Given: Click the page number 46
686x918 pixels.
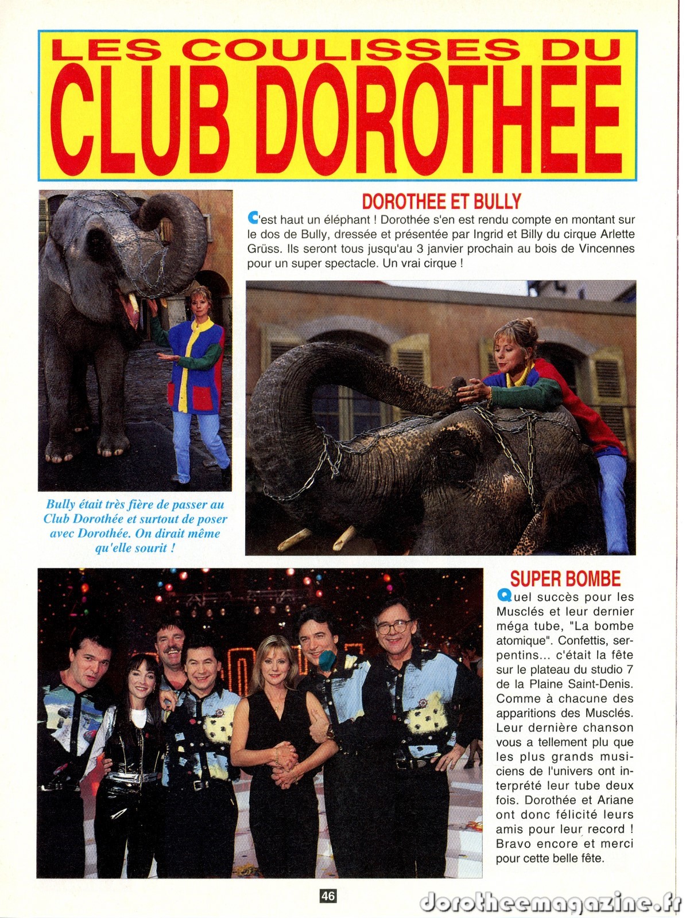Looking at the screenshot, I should pyautogui.click(x=328, y=896).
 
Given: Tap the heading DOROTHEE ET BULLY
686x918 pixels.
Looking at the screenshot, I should pyautogui.click(x=441, y=201).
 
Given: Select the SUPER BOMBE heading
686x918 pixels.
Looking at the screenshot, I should pyautogui.click(x=565, y=578).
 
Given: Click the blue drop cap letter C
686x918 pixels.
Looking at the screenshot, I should pyautogui.click(x=252, y=218).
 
